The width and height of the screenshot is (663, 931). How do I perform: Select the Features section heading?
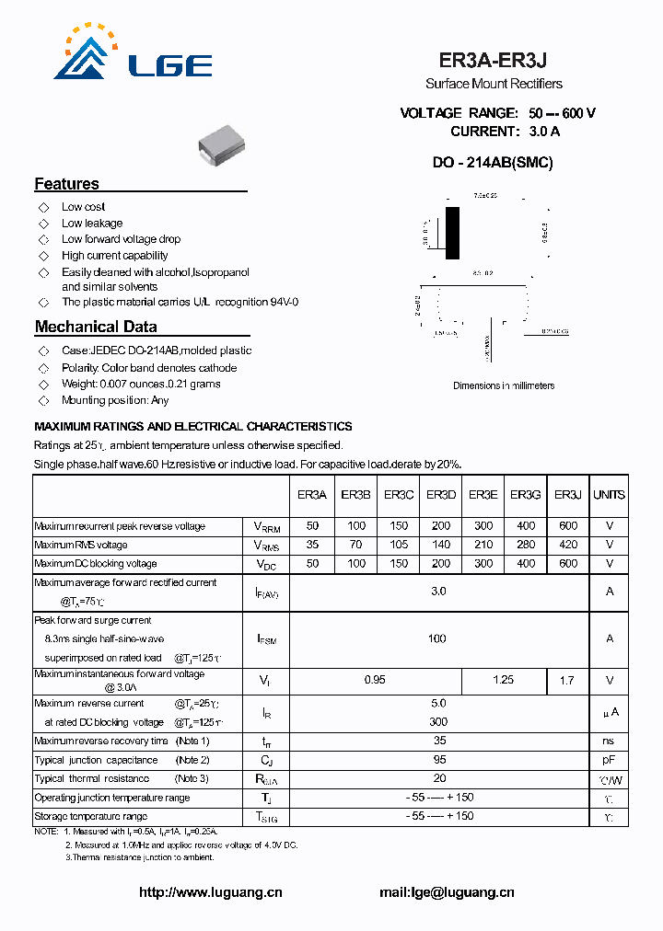click(x=66, y=184)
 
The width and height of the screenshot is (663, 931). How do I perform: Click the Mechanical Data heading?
click(x=96, y=327)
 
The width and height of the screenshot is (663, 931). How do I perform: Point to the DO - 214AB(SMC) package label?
click(x=493, y=162)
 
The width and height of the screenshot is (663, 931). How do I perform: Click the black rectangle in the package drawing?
click(x=452, y=233)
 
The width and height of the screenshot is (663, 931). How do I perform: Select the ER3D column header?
click(x=441, y=495)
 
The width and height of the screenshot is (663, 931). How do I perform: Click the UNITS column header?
click(x=609, y=495)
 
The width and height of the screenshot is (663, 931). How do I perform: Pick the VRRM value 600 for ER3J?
click(x=568, y=526)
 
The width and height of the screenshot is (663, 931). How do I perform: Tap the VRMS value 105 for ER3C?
click(x=398, y=545)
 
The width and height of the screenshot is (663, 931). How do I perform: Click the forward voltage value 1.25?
click(x=504, y=680)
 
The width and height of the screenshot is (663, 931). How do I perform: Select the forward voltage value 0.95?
click(x=375, y=680)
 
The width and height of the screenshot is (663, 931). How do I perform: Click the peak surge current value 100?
click(x=437, y=638)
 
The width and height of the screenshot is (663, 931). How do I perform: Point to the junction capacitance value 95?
click(x=439, y=760)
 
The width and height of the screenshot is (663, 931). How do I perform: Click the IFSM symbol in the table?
click(x=266, y=638)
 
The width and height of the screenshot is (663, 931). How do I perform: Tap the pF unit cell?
click(x=609, y=760)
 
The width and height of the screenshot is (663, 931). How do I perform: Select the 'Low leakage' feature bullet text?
click(x=91, y=224)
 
